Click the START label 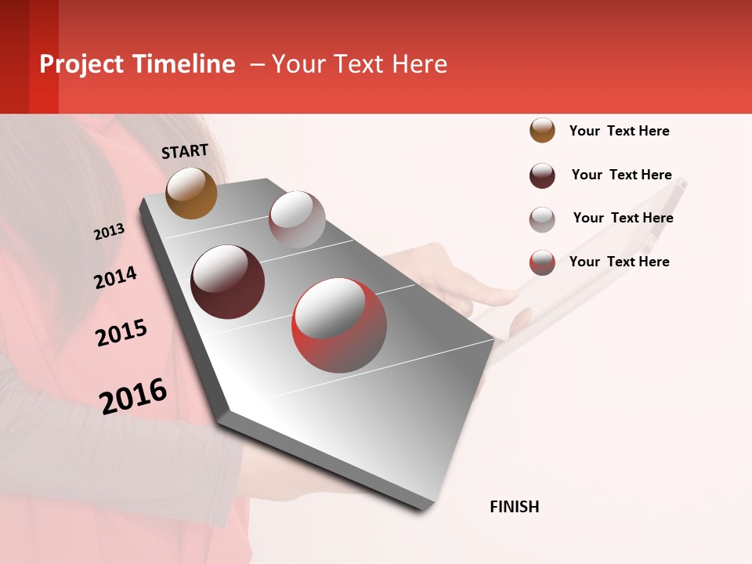(x=185, y=151)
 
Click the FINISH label (x=515, y=507)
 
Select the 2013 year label (x=109, y=232)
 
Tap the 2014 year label (x=115, y=277)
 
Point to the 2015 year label (x=121, y=333)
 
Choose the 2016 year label (x=133, y=396)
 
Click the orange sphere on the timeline (x=192, y=193)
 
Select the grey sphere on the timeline (x=297, y=219)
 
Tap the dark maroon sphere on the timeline (x=228, y=282)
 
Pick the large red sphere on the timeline (x=339, y=326)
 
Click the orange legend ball (x=542, y=130)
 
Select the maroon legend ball (x=542, y=175)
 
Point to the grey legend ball (x=542, y=219)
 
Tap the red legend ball (x=542, y=262)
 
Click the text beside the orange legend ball (x=620, y=131)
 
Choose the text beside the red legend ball (x=620, y=262)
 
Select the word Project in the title (x=81, y=64)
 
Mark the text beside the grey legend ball (x=624, y=218)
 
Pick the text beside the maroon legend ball (x=622, y=175)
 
